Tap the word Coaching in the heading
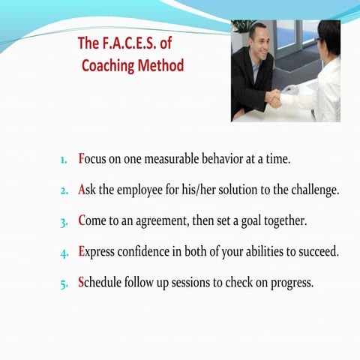point(113,65)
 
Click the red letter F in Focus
point(82,159)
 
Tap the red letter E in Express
point(82,252)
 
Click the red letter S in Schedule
point(82,283)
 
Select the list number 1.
point(64,160)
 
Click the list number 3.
point(64,222)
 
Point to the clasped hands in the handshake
point(274,98)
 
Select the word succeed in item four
point(317,252)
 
